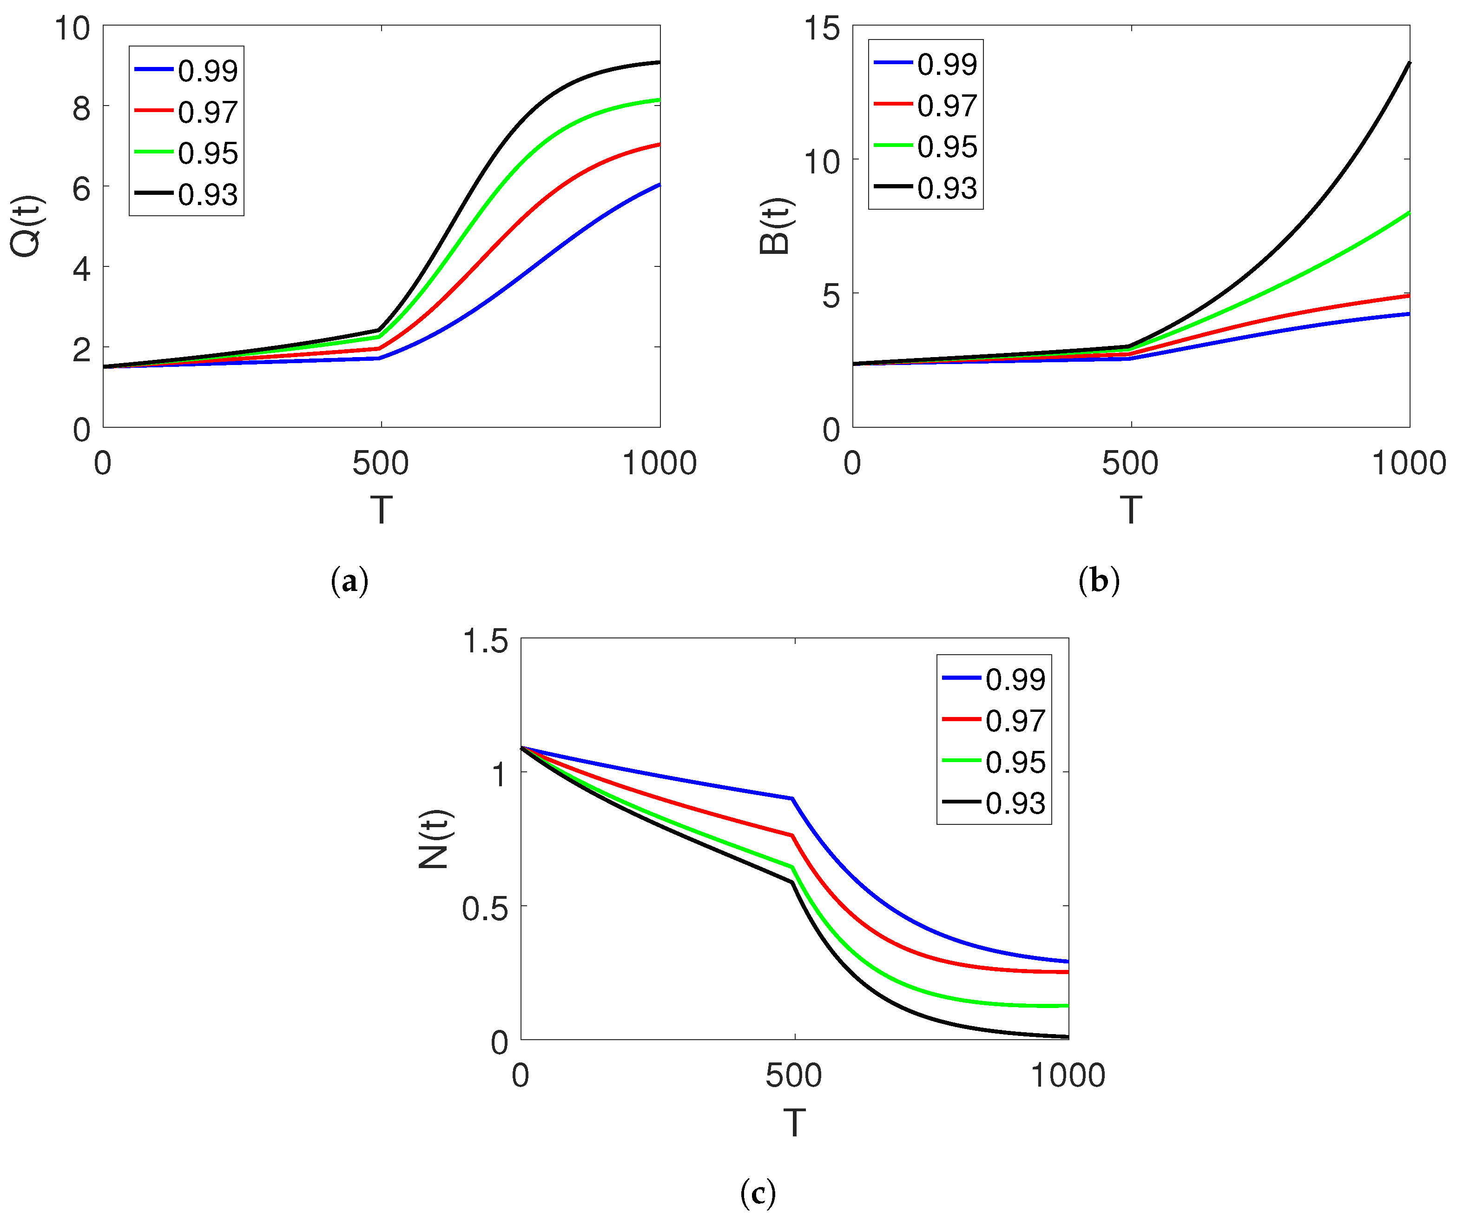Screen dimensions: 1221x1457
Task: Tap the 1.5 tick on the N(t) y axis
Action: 485,641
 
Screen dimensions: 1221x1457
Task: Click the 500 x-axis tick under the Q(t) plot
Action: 380,464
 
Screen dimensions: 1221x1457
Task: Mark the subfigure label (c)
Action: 758,1193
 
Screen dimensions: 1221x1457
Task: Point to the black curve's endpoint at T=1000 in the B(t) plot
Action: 1409,63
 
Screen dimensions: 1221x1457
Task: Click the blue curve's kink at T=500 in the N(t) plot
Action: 792,799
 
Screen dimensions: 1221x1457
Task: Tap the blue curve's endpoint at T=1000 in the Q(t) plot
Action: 659,185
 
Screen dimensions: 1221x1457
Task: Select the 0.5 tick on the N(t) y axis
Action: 485,909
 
